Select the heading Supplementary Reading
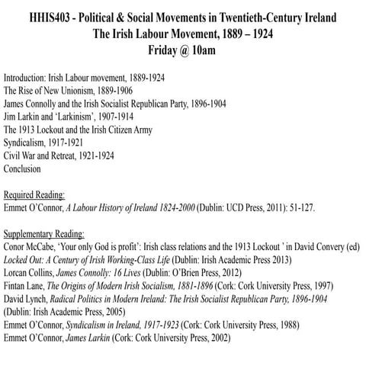pos(44,233)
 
